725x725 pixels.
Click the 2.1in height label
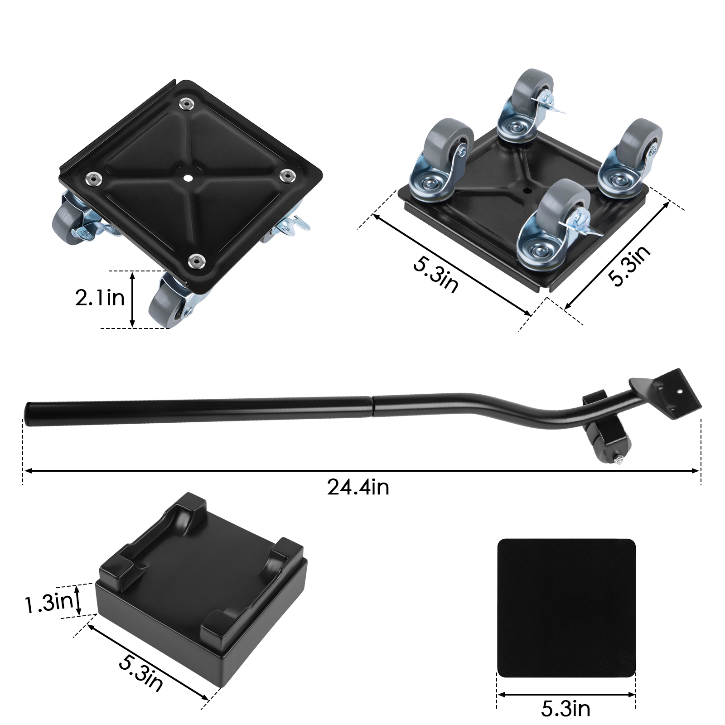pyautogui.click(x=100, y=298)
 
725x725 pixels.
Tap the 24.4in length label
pyautogui.click(x=358, y=488)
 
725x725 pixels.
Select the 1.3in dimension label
pyautogui.click(x=49, y=602)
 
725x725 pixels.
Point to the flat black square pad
pyautogui.click(x=566, y=608)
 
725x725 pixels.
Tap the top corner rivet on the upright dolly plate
pyautogui.click(x=186, y=104)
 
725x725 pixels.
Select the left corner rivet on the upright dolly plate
pyautogui.click(x=94, y=178)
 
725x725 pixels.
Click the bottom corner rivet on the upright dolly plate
pyautogui.click(x=197, y=261)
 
